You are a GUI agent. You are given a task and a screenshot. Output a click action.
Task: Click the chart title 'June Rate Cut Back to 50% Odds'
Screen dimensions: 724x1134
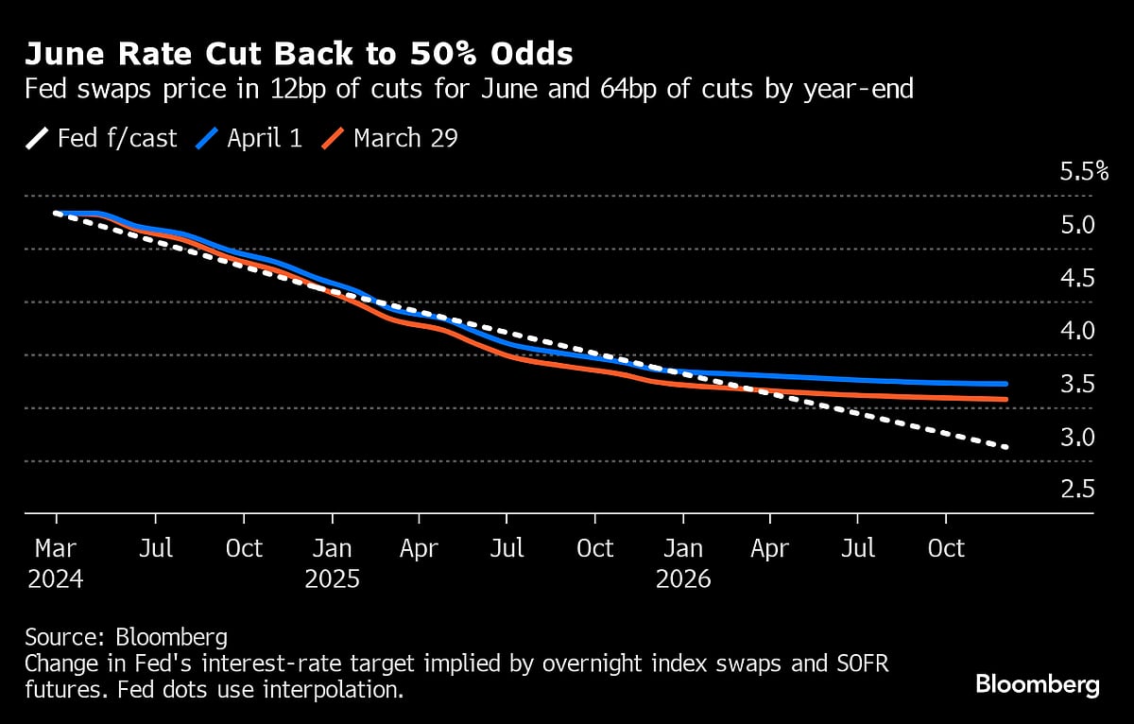[x=299, y=54]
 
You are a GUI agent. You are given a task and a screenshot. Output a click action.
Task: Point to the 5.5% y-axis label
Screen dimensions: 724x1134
[x=1083, y=172]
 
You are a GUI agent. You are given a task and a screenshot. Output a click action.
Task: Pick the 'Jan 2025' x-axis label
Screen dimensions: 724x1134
[x=332, y=563]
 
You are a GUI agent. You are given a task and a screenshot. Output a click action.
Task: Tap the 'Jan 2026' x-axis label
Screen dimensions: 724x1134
[x=682, y=563]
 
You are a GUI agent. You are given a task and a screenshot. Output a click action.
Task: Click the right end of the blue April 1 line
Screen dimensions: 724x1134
[x=1006, y=384]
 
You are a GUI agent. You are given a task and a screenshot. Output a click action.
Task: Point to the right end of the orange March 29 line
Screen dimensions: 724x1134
[x=1006, y=400]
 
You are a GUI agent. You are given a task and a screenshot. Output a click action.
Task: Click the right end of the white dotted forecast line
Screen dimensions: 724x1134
[x=1006, y=446]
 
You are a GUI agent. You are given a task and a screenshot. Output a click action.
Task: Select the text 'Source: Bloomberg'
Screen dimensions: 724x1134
[x=127, y=636]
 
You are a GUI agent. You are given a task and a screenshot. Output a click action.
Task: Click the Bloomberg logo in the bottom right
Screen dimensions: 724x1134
[x=1037, y=685]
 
